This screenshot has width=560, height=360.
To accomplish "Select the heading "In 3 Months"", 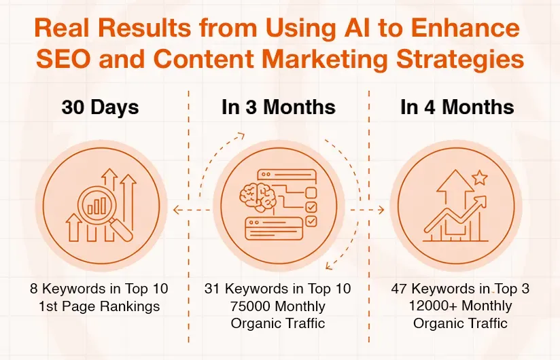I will [278, 107].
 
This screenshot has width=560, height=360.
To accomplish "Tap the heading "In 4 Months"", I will [457, 107].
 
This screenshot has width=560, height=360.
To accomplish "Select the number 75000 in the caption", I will [251, 306].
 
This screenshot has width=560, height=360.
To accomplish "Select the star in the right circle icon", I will [479, 178].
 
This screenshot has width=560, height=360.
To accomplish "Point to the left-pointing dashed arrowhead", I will [176, 211].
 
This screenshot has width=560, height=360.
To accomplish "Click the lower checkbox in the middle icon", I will [311, 221].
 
